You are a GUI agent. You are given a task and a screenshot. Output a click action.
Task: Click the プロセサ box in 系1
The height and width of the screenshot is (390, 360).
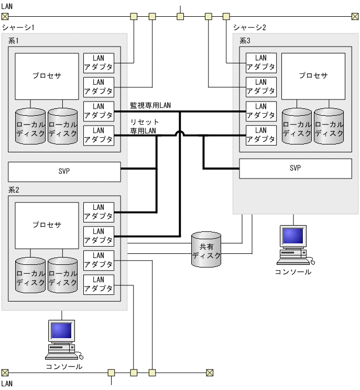point(46,76)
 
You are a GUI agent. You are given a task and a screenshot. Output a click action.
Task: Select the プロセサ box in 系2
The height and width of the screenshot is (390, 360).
point(46,225)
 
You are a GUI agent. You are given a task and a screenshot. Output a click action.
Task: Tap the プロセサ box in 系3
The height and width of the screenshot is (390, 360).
point(313,76)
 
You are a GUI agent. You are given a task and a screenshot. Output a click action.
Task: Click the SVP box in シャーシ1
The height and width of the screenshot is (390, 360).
point(64,172)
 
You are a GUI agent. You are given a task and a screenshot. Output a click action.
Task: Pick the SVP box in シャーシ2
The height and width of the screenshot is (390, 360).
point(296,168)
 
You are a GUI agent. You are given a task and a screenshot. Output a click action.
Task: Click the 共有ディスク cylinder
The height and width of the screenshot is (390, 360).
point(206,249)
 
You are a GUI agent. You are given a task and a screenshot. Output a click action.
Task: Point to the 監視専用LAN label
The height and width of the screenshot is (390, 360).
point(150,105)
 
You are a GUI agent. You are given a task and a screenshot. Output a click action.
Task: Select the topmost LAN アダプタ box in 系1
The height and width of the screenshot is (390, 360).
point(99,62)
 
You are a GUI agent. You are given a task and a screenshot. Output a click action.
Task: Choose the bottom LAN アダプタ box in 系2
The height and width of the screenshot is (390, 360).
point(99,284)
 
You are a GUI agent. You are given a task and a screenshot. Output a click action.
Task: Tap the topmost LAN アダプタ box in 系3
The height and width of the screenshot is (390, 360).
point(260,62)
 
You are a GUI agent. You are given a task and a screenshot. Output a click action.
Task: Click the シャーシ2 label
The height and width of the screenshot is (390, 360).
point(249,27)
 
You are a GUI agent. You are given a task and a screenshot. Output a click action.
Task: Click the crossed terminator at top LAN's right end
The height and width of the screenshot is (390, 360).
point(355,16)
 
